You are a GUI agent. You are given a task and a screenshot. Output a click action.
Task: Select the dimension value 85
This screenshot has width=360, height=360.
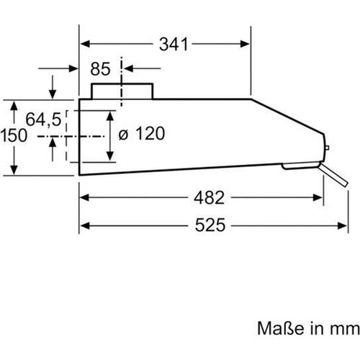[x=101, y=70]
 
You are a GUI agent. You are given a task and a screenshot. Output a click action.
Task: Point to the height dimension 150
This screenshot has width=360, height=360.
[x=14, y=135]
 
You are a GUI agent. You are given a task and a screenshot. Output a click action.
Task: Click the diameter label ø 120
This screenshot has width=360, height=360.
[x=141, y=133]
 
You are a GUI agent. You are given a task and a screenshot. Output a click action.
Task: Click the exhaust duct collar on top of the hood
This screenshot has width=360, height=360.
[x=122, y=91]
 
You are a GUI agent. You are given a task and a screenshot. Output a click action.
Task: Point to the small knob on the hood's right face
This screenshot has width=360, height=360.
[x=328, y=148]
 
